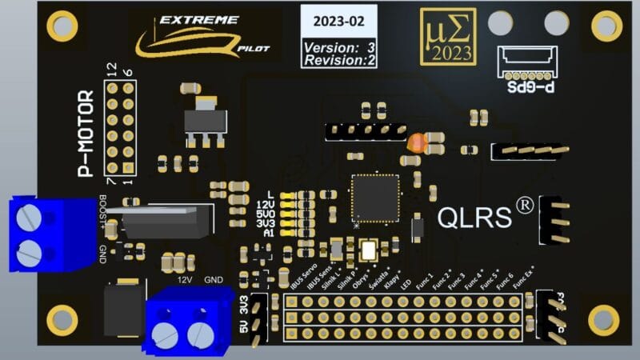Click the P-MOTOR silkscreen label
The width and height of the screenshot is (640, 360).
86,133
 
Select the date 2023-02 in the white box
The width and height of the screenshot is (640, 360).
338,22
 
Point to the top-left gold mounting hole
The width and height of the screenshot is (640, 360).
62,26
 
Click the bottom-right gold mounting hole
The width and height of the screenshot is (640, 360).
603,320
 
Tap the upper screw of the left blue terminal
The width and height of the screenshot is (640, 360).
30,214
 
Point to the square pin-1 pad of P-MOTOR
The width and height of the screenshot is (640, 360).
128,167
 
